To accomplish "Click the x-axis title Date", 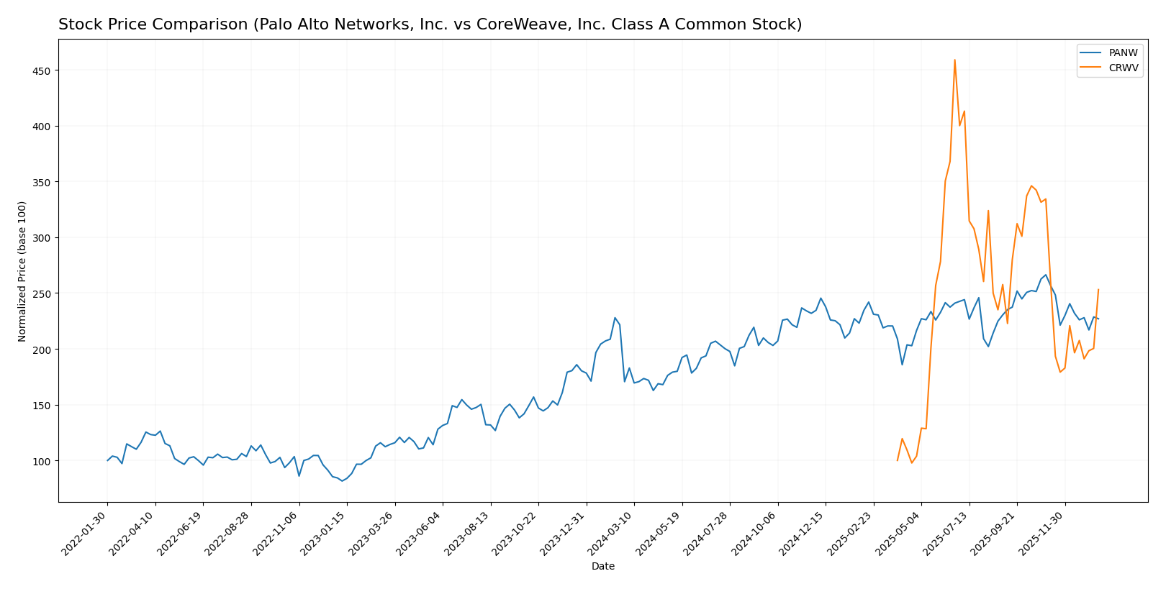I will click(603, 567).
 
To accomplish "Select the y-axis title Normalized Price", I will click(22, 271).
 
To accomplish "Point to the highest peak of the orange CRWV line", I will click(954, 60).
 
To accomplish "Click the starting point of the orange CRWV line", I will click(898, 460).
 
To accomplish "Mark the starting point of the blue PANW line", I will click(107, 460).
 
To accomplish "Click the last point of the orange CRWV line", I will click(1098, 290).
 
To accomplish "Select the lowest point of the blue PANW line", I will click(342, 480).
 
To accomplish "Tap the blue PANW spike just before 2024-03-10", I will click(615, 318).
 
